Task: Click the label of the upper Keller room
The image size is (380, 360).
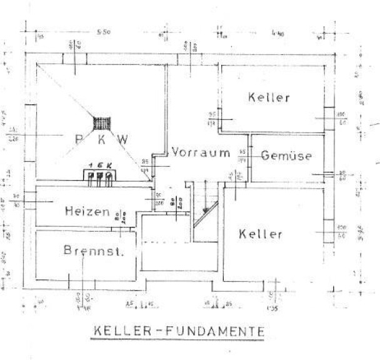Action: click(269, 97)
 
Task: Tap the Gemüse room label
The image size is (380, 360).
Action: click(286, 156)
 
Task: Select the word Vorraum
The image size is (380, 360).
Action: click(201, 152)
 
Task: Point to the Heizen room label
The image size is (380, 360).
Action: click(87, 212)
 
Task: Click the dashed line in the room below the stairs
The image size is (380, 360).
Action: click(164, 241)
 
